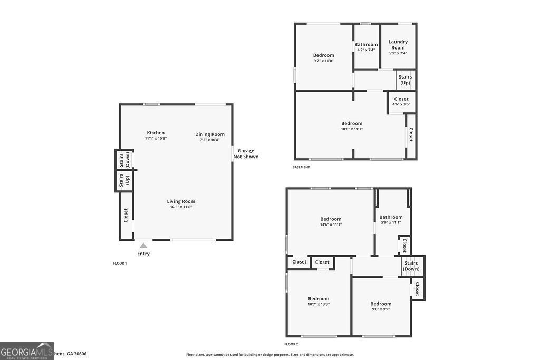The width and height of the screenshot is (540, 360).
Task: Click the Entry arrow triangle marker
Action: coord(143,245)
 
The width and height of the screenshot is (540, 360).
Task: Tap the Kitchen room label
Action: coord(156,133)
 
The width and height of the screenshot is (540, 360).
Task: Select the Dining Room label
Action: coord(210,134)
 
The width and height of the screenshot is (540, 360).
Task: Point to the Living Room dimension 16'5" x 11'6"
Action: coord(181,207)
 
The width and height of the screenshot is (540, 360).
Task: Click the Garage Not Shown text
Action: coord(246,153)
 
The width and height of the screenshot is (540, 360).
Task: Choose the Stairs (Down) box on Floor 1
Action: coord(123,159)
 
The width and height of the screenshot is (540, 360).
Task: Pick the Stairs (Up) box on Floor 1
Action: coord(123,180)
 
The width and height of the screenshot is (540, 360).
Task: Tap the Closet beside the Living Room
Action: coord(126,215)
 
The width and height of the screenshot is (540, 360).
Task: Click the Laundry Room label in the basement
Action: coord(398,45)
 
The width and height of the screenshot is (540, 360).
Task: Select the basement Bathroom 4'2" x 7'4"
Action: coord(366,47)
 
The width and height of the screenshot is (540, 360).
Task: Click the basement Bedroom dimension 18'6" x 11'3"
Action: coord(352,129)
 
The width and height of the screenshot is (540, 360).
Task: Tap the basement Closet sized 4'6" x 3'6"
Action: coord(401,101)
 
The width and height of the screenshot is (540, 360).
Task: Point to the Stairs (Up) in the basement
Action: coord(405,80)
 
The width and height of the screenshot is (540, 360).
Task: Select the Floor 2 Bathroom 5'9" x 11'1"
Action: coord(391,219)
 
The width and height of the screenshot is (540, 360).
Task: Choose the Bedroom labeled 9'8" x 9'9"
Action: coord(381,306)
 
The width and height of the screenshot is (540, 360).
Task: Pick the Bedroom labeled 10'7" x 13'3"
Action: coord(319,301)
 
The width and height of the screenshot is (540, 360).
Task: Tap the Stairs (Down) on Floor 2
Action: coord(411,266)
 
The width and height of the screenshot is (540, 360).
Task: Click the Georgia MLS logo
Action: coord(26,351)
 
